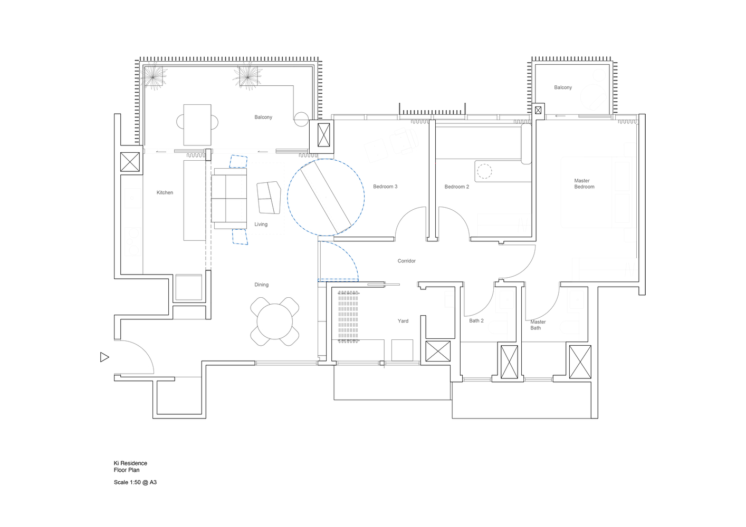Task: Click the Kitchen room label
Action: pyautogui.click(x=165, y=193)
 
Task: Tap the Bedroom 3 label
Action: pyautogui.click(x=385, y=187)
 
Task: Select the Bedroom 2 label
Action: pyautogui.click(x=456, y=187)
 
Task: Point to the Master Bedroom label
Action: pyautogui.click(x=584, y=183)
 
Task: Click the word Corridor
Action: pyautogui.click(x=407, y=261)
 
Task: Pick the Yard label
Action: pyautogui.click(x=403, y=321)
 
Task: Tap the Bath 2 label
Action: pyautogui.click(x=476, y=321)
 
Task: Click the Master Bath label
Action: pyautogui.click(x=538, y=325)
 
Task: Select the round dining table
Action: pyautogui.click(x=275, y=321)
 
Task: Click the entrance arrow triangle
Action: pyautogui.click(x=104, y=357)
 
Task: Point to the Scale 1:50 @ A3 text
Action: pyautogui.click(x=135, y=482)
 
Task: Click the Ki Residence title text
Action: pyautogui.click(x=130, y=463)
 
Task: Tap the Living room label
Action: pyautogui.click(x=261, y=225)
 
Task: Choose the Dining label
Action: pyautogui.click(x=262, y=285)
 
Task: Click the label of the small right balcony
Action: pyautogui.click(x=563, y=87)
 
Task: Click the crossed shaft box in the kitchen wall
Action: pyautogui.click(x=130, y=162)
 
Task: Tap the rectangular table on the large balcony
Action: pyautogui.click(x=197, y=125)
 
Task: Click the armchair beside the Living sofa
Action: pyautogui.click(x=269, y=197)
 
